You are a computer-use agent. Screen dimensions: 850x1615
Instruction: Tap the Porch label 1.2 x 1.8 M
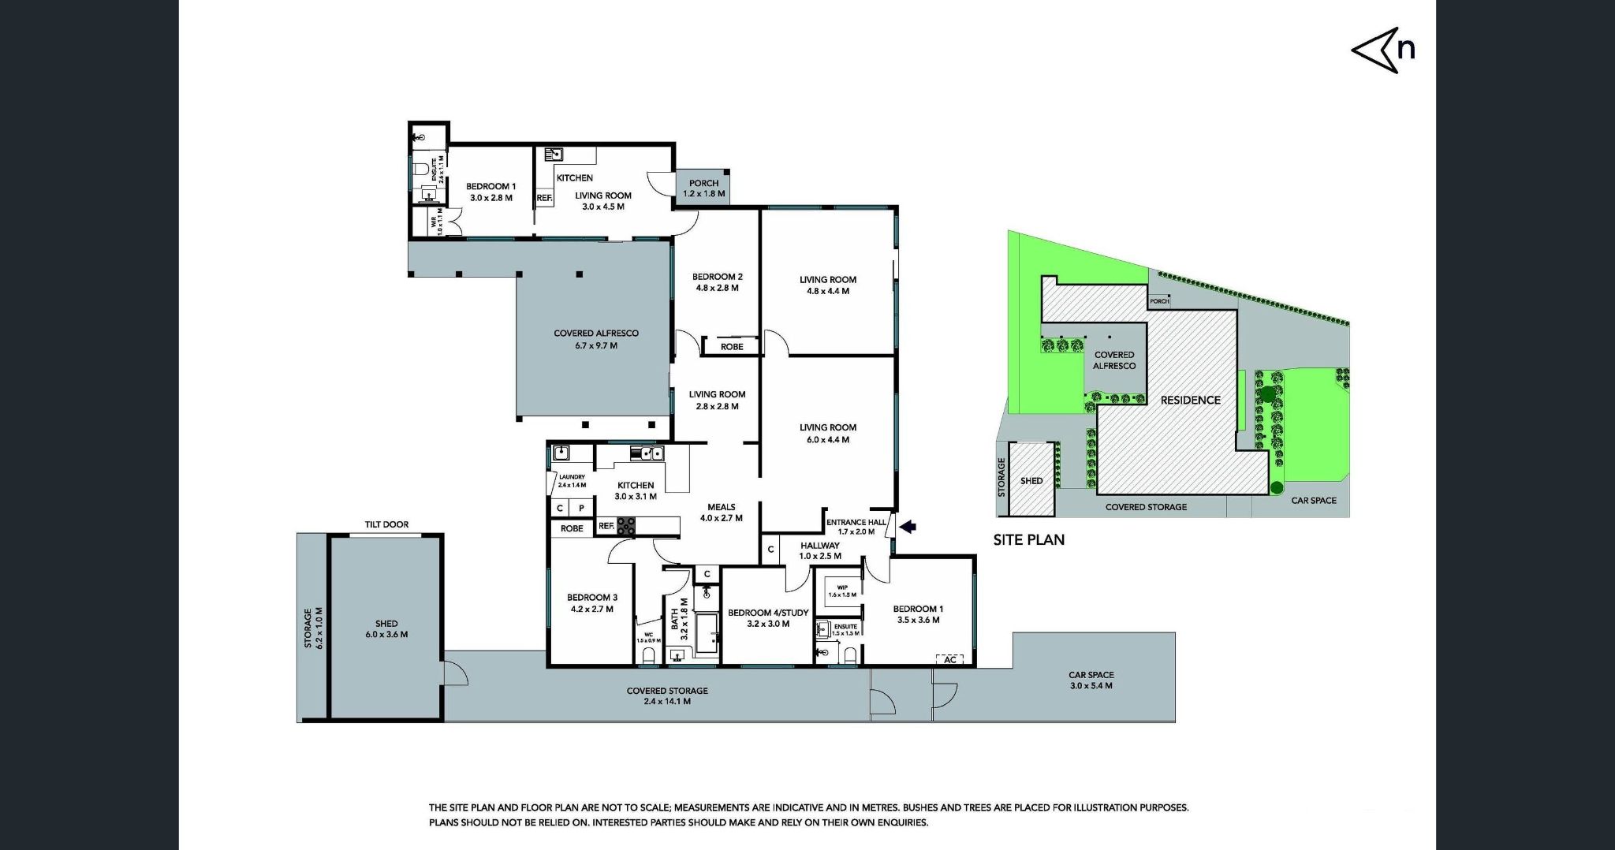(703, 188)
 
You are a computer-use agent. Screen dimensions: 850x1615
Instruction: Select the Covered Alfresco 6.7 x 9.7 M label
(596, 339)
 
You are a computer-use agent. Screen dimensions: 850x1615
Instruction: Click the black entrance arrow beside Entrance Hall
(908, 527)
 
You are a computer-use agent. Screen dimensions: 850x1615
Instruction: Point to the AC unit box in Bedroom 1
(949, 659)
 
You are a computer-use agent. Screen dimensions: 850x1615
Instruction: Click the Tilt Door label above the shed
(386, 524)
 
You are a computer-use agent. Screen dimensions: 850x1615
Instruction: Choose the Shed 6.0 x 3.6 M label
(386, 628)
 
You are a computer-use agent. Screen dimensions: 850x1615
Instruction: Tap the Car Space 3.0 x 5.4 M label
(1091, 680)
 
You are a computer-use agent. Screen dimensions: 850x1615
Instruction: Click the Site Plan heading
(1028, 540)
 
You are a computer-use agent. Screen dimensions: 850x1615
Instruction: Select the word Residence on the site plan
(1190, 400)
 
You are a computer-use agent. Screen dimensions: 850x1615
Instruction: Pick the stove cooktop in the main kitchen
(625, 526)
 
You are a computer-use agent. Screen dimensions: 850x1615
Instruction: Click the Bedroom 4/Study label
(768, 617)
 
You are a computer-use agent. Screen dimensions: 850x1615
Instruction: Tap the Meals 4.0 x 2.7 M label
(722, 513)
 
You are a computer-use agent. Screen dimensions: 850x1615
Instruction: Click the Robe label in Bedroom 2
(732, 347)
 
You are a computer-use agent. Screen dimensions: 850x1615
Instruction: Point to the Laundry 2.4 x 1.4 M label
(572, 480)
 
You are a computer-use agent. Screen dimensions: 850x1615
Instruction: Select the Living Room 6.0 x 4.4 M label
(828, 433)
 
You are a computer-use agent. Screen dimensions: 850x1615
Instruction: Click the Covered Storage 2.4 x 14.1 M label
(667, 695)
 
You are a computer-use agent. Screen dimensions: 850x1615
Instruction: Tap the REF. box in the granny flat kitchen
(544, 198)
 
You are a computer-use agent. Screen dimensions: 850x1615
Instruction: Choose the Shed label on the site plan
(1031, 480)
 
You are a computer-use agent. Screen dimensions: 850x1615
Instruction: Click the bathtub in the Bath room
(707, 633)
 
